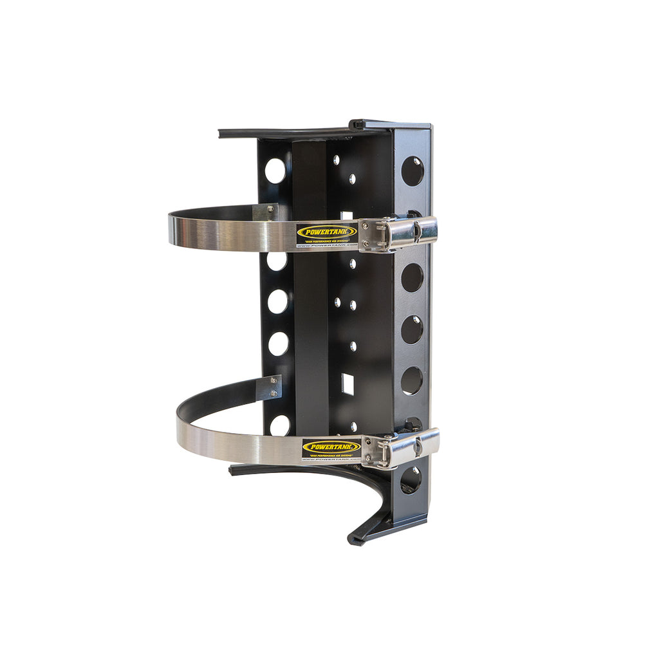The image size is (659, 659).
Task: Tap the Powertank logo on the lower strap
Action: [331, 447]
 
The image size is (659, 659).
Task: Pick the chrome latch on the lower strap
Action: [400, 447]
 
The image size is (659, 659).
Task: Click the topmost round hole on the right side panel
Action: [413, 171]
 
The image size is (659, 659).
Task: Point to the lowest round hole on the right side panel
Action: [411, 480]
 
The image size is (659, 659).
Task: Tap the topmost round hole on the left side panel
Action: [275, 171]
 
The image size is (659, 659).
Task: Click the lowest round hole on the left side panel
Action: [280, 425]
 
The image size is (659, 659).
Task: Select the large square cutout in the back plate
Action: [348, 384]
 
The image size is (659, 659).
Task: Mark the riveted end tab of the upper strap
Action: [266, 212]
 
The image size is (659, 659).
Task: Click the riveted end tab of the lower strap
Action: [273, 387]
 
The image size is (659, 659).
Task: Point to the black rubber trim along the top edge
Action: [290, 133]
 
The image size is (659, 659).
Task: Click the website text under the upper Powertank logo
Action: [326, 245]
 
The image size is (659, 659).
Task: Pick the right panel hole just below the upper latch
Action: [413, 277]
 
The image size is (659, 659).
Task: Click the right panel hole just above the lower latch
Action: [412, 381]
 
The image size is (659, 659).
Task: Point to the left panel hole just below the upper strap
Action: [277, 261]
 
